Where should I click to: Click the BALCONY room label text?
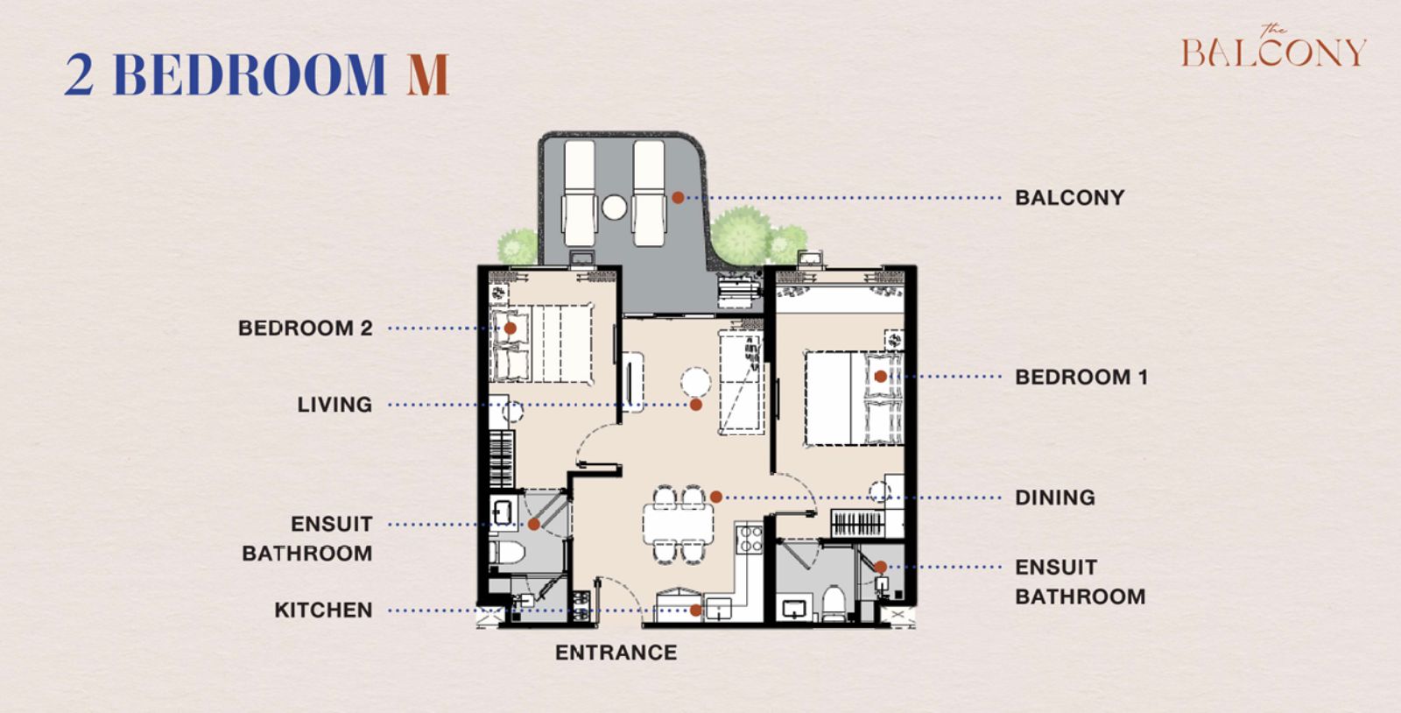point(1069,198)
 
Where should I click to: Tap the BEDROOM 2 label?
point(306,328)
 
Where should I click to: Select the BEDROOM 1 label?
point(1081,378)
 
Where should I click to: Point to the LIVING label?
point(334,405)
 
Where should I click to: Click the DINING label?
point(1055,498)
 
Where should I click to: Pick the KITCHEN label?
point(323,610)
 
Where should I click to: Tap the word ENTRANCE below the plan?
point(616,653)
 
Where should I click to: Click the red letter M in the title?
point(428,74)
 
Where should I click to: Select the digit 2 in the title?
point(80,74)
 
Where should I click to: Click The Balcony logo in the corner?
point(1273,47)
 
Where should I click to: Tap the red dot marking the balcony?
point(678,198)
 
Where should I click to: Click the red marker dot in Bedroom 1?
point(881,377)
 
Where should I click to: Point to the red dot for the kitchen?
point(695,611)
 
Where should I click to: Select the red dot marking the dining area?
point(716,498)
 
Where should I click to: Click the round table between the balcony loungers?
point(614,208)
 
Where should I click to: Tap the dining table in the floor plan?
point(678,524)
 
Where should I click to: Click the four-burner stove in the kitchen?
point(750,539)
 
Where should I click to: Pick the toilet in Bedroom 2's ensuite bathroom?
point(507,553)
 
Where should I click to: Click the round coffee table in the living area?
point(695,382)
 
